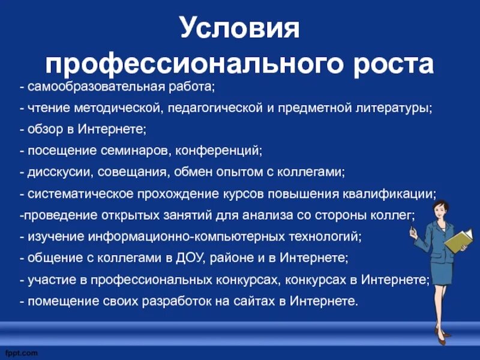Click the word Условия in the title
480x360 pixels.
(239, 29)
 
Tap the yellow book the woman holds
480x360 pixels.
(458, 239)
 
